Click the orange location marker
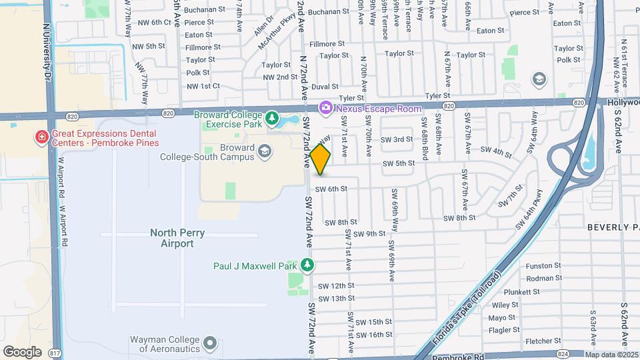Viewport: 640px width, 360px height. [x=321, y=159]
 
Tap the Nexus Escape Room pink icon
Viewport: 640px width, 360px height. [x=326, y=107]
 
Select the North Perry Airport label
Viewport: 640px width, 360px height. [x=168, y=238]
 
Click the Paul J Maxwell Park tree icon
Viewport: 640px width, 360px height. [x=307, y=266]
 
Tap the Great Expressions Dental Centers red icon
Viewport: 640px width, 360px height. [x=41, y=137]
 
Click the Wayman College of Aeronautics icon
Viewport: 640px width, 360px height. [x=211, y=343]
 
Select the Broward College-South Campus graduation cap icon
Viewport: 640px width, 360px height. [x=265, y=152]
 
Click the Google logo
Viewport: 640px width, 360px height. [x=22, y=351]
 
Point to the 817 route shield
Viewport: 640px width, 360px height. [x=55, y=353]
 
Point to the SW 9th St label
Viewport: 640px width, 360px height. [x=370, y=234]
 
